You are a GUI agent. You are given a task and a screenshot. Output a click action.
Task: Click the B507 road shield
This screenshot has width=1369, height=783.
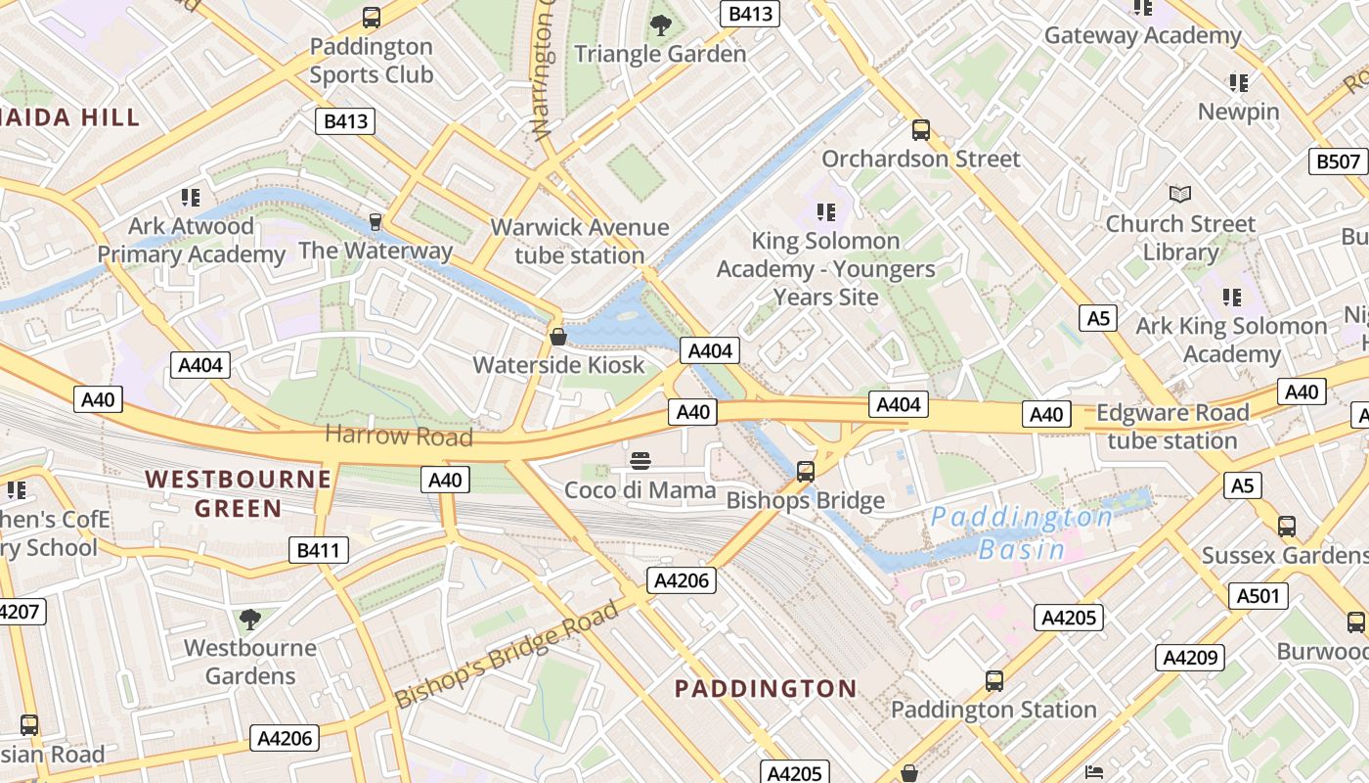tap(1338, 161)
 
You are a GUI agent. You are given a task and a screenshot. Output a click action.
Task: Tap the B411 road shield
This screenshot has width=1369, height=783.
tap(319, 550)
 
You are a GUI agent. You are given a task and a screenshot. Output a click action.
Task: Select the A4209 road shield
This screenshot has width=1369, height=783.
tap(1190, 658)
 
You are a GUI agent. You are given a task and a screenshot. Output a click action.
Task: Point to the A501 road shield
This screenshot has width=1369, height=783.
tap(1258, 596)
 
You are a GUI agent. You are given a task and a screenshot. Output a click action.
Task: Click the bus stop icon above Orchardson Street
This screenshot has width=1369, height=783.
tap(920, 130)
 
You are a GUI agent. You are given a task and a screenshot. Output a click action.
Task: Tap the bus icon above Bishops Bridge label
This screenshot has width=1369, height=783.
tap(806, 472)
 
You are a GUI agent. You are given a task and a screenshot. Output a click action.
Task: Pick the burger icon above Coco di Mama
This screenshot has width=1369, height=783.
tap(640, 461)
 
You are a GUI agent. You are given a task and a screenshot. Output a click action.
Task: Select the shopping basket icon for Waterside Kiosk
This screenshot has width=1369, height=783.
tap(558, 337)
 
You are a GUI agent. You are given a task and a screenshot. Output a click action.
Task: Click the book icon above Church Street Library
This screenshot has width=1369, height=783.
tap(1180, 195)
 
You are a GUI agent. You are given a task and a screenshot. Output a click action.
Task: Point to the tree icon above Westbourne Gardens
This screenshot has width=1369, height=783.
tap(250, 619)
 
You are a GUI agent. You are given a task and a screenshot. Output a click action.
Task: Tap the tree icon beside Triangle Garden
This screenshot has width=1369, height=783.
tap(661, 24)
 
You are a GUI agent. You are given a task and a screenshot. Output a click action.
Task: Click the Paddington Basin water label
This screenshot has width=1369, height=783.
tap(1021, 532)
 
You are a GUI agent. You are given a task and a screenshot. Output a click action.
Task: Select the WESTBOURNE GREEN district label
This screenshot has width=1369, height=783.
tap(239, 493)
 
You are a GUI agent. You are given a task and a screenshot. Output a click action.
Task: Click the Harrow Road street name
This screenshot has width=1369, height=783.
tap(399, 435)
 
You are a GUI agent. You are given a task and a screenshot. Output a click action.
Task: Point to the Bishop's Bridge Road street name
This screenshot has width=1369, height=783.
tap(507, 655)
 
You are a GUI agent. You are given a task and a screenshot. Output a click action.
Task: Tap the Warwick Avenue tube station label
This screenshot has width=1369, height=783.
tap(580, 242)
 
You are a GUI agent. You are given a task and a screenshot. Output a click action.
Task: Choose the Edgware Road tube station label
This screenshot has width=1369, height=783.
tap(1172, 427)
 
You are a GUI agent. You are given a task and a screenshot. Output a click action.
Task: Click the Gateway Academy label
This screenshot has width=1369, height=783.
tap(1142, 36)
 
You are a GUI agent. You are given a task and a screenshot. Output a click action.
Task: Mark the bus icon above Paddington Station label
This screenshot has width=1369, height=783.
tap(994, 681)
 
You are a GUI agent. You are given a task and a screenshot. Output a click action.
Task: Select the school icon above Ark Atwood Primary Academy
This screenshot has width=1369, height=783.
tap(191, 198)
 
